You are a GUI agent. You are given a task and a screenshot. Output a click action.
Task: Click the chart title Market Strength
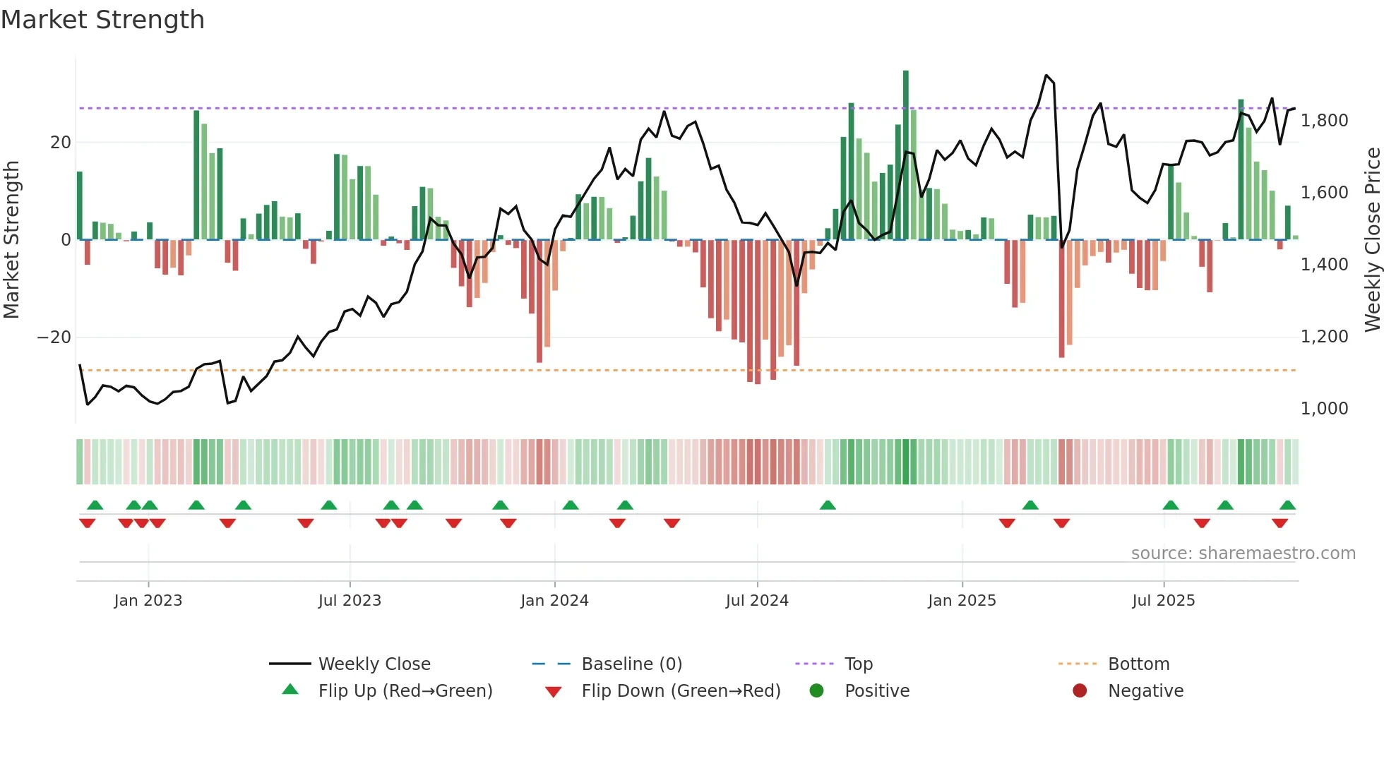[x=103, y=20]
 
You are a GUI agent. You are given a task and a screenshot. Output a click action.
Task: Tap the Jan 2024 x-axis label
[x=554, y=601]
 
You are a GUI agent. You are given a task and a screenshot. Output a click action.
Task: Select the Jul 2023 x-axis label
[x=350, y=601]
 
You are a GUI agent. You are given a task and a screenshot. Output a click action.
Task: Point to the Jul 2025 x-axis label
[x=1163, y=601]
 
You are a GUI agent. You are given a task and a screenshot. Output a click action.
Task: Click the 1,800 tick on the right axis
[x=1324, y=121]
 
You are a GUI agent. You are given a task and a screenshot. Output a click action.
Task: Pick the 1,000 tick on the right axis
[x=1324, y=409]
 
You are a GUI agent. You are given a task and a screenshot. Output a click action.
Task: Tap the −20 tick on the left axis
[x=54, y=337]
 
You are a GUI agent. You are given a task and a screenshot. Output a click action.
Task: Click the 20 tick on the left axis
[x=61, y=143]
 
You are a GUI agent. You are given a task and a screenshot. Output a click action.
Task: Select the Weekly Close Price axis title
[x=1372, y=240]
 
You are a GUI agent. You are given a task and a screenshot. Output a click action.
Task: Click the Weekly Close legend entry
[x=374, y=664]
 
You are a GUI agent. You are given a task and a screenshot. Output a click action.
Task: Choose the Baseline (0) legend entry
[x=631, y=664]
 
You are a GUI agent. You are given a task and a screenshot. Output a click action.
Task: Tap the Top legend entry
[x=858, y=664]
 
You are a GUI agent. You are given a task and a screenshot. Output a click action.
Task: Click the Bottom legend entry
[x=1138, y=664]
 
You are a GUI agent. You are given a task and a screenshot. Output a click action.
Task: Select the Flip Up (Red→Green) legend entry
[x=405, y=691]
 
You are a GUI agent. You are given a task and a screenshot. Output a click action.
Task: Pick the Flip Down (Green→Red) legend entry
[x=681, y=691]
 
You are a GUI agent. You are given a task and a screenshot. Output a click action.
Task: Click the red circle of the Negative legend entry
[x=1080, y=691]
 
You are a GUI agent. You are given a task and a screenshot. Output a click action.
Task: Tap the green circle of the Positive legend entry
[x=817, y=691]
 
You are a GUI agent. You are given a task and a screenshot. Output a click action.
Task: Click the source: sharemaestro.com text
[x=1243, y=553]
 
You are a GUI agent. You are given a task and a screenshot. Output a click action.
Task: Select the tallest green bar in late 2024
[x=906, y=155]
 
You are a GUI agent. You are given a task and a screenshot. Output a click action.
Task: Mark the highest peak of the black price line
[x=1046, y=75]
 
